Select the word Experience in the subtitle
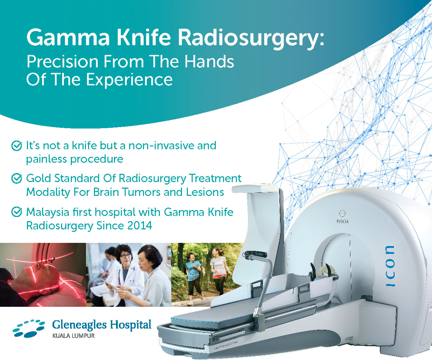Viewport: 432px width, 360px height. [129, 79]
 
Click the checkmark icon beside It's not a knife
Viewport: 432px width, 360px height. [17, 146]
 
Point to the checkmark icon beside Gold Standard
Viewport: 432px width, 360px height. [17, 179]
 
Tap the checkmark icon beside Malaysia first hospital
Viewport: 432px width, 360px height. [17, 212]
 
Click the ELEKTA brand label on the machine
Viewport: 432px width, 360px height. [342, 221]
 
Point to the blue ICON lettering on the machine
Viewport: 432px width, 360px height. [390, 266]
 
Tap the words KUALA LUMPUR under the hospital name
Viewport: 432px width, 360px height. [73, 335]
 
